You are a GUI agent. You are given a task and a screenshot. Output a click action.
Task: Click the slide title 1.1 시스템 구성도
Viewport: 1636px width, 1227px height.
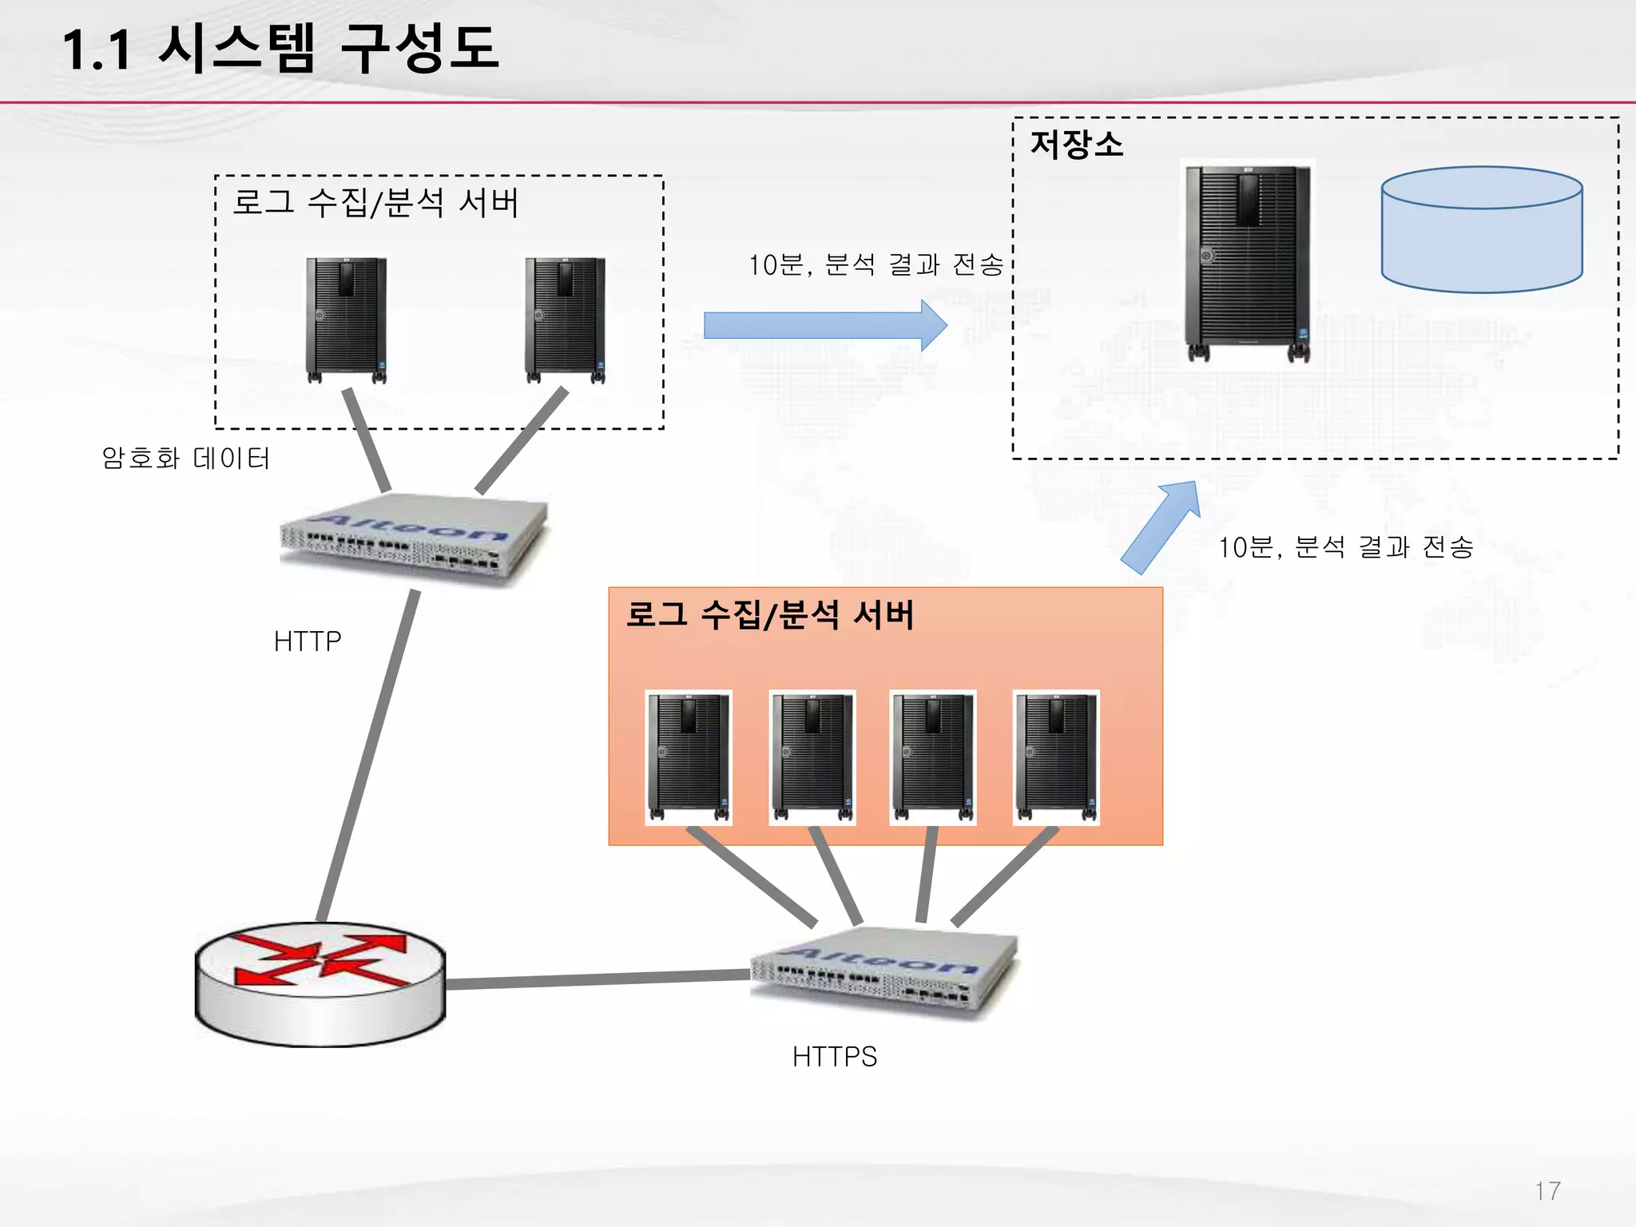[x=280, y=50]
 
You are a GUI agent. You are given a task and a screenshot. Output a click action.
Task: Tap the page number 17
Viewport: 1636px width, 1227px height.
[x=1547, y=1191]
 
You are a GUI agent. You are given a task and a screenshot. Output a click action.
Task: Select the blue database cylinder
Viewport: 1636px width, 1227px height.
[x=1482, y=230]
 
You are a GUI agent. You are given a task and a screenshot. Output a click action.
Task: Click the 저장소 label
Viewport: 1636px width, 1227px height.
[x=1076, y=145]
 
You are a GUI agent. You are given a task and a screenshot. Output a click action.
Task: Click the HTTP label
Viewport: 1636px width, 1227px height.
[x=308, y=641]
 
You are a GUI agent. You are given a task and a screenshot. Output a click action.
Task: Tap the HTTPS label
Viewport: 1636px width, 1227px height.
[x=835, y=1057]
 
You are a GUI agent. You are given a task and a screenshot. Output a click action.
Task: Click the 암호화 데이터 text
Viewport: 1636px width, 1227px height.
[x=185, y=459]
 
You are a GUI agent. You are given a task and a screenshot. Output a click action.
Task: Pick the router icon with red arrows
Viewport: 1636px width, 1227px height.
[x=320, y=983]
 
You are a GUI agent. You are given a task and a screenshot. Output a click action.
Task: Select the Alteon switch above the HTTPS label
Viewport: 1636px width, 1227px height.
[x=884, y=971]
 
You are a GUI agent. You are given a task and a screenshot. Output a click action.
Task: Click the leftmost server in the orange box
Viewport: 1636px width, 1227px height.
[x=689, y=756]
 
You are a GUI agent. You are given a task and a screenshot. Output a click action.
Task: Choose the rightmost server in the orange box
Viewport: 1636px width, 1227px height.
[x=1056, y=756]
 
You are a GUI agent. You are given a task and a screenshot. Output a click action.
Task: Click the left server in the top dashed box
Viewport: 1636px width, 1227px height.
[x=346, y=319]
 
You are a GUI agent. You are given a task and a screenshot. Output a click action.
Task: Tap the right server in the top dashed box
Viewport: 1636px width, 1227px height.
[x=565, y=319]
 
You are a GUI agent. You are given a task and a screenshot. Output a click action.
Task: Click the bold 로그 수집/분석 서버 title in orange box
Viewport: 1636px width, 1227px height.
[x=769, y=615]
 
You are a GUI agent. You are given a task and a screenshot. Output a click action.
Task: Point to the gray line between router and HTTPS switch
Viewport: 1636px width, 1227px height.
[x=598, y=979]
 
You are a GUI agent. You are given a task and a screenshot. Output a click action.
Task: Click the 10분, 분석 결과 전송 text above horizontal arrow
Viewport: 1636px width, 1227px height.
[x=876, y=264]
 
